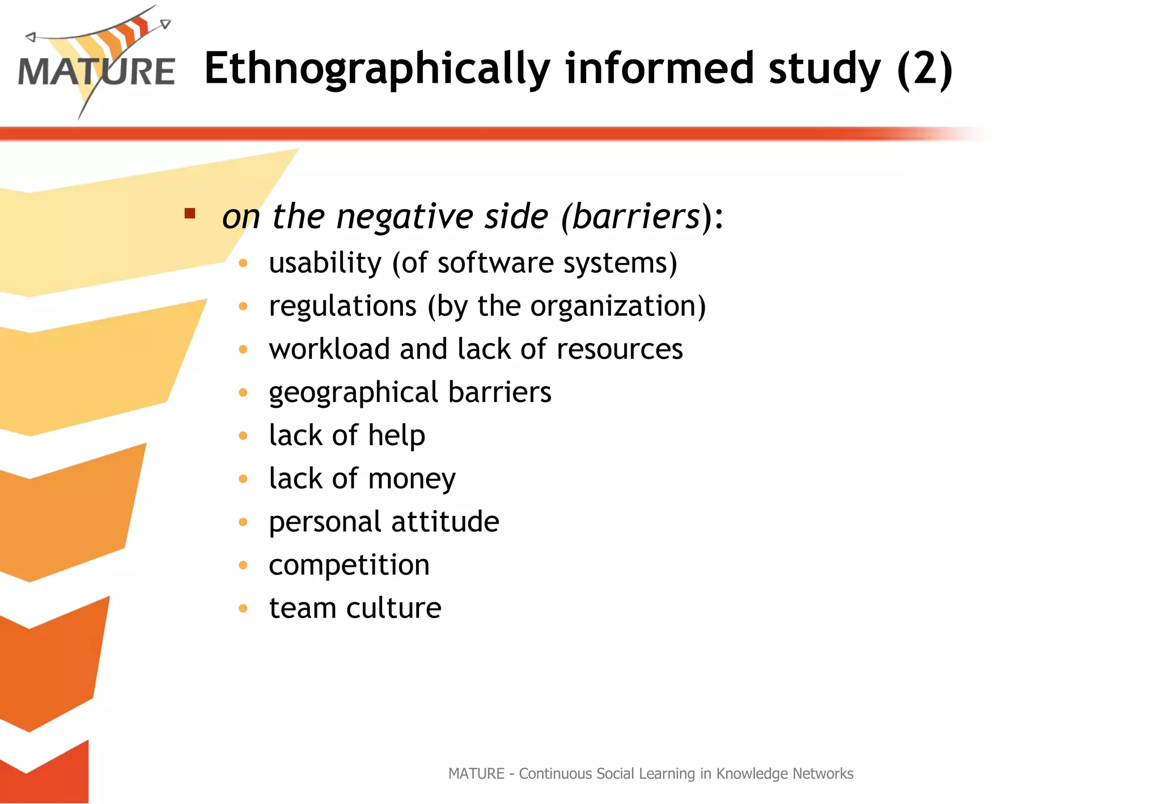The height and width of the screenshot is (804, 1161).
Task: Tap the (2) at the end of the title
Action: click(x=925, y=69)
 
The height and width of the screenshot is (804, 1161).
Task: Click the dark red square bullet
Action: click(x=190, y=214)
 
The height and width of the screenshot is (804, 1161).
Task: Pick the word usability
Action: click(x=325, y=263)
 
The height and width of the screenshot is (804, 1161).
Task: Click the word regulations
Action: click(x=343, y=306)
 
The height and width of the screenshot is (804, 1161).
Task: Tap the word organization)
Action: click(x=618, y=306)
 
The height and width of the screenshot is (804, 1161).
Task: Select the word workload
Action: click(x=329, y=349)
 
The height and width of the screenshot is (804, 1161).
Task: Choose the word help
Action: click(x=396, y=435)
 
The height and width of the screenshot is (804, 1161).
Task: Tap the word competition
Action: click(x=349, y=565)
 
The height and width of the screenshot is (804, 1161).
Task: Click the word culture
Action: click(x=393, y=608)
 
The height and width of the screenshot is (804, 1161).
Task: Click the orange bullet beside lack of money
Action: click(x=243, y=479)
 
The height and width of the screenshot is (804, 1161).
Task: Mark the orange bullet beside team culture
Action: click(x=243, y=608)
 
